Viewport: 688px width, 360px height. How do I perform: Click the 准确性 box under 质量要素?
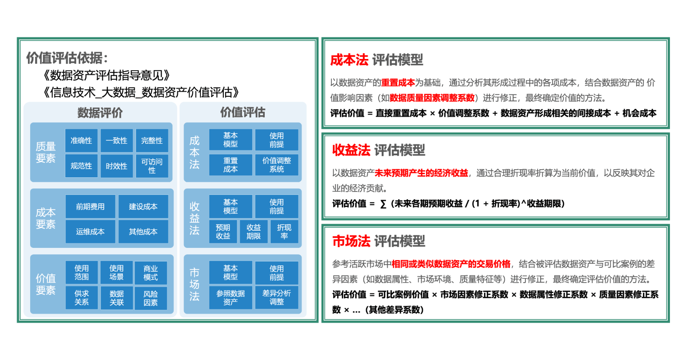tap(81, 140)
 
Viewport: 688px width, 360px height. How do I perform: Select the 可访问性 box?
tap(152, 166)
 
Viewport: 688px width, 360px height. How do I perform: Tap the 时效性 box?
tap(117, 166)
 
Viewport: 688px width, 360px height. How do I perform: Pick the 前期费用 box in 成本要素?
tap(90, 207)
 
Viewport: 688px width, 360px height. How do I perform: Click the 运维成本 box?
tap(90, 232)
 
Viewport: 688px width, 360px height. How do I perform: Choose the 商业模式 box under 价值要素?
tap(151, 273)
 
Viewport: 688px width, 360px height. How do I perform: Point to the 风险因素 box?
tap(151, 298)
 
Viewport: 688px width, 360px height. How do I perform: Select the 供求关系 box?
tap(81, 298)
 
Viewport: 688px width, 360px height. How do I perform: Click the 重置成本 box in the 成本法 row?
tap(231, 165)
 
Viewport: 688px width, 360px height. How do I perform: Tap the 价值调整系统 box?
tap(276, 165)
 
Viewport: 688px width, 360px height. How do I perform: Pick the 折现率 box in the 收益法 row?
tap(284, 232)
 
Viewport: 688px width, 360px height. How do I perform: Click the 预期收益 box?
tap(223, 232)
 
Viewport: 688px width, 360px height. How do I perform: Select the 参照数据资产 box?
tap(231, 297)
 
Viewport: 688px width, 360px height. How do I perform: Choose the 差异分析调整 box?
tap(276, 297)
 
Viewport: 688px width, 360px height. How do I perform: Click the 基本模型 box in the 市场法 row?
tap(231, 272)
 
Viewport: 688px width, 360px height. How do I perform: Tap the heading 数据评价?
tap(100, 112)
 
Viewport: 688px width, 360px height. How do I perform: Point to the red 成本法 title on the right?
tap(349, 60)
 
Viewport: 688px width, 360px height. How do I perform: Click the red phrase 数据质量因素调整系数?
tap(432, 98)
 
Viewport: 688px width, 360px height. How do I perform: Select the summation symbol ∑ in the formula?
tap(383, 204)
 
